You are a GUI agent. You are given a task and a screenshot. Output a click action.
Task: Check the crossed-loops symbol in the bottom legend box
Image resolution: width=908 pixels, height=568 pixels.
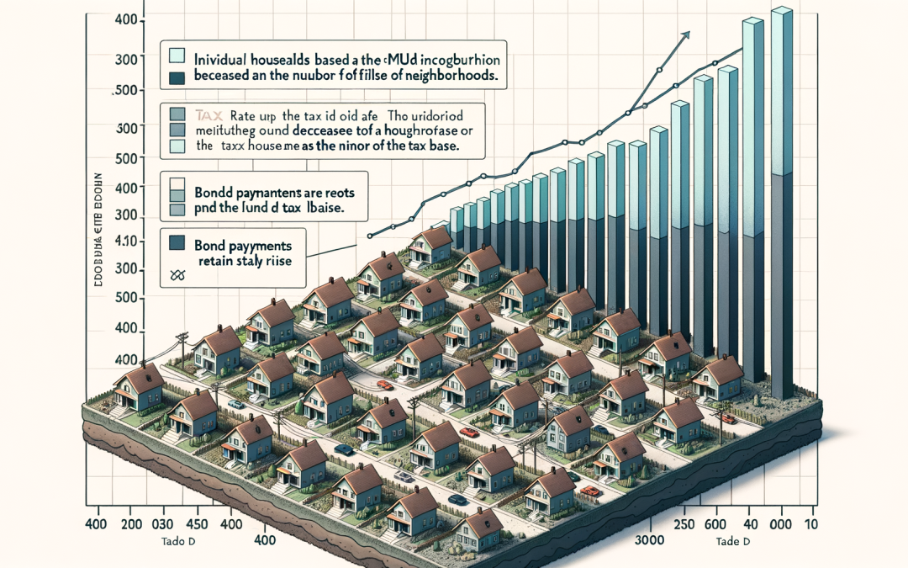[x=177, y=274]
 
